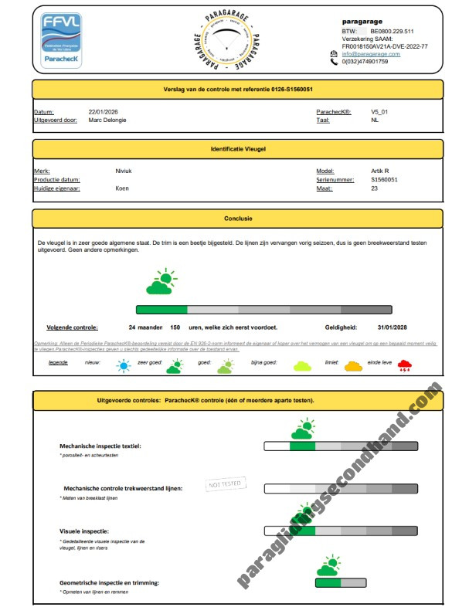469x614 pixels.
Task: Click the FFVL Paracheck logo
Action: tap(62, 40)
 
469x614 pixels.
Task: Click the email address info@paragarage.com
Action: tap(372, 54)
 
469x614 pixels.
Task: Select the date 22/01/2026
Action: tap(102, 112)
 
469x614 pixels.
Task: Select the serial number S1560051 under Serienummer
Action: tap(385, 179)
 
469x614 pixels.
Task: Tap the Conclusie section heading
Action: tap(237, 219)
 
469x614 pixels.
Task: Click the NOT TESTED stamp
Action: tap(226, 484)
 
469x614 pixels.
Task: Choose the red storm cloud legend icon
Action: tap(404, 365)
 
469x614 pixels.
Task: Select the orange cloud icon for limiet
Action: tap(352, 365)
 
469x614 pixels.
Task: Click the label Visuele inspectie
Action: tap(84, 531)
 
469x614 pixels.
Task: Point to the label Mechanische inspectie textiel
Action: tap(100, 446)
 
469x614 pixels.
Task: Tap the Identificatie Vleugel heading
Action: tap(237, 148)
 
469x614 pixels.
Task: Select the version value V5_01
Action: tap(379, 112)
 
